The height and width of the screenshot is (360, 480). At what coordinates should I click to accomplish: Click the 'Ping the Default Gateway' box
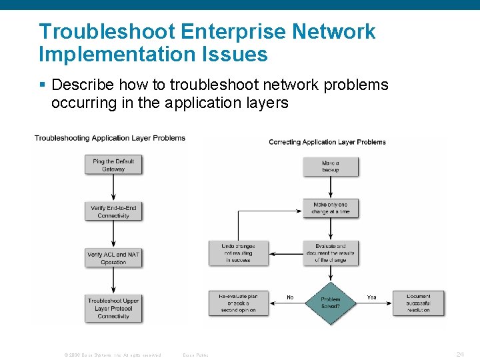[113, 165]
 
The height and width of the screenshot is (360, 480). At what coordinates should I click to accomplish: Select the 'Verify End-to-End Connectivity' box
[113, 212]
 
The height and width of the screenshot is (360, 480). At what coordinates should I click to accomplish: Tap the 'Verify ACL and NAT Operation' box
[113, 258]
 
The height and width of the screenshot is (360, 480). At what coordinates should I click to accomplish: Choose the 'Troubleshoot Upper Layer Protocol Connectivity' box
[113, 308]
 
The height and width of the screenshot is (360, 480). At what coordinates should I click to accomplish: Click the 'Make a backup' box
[331, 167]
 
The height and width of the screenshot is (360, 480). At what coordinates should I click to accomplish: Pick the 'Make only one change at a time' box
[331, 208]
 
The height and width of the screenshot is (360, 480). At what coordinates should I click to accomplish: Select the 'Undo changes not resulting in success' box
[238, 253]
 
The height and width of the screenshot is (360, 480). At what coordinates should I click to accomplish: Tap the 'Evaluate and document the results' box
[331, 253]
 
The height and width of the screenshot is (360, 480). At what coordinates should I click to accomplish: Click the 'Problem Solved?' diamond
[331, 303]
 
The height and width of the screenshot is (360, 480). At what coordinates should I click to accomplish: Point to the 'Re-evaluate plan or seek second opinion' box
[238, 303]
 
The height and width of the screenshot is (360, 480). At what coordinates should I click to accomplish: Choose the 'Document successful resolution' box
[418, 303]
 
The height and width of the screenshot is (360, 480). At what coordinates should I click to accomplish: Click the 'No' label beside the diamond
[290, 297]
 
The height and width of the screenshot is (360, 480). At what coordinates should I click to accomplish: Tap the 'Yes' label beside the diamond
[371, 297]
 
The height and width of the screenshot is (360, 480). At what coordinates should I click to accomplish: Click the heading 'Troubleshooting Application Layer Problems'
[110, 138]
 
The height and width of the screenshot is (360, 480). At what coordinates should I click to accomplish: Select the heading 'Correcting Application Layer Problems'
[327, 142]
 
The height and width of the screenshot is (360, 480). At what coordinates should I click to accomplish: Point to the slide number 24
[460, 355]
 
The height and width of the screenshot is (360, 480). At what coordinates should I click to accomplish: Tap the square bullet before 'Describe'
[43, 85]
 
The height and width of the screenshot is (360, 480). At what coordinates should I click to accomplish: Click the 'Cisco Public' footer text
[195, 355]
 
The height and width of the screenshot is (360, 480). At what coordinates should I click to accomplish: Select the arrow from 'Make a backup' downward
[331, 187]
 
